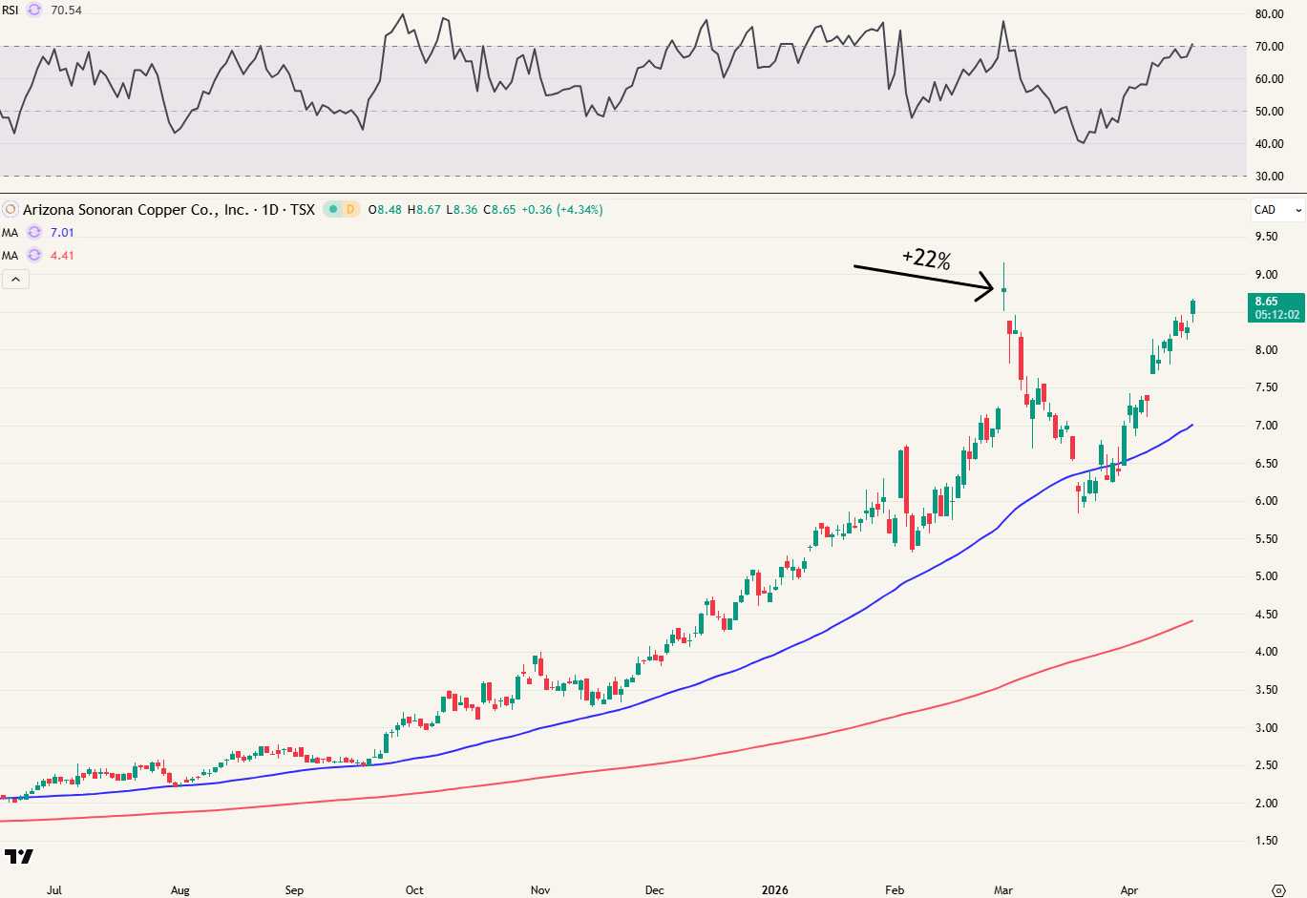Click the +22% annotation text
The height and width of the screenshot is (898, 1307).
tap(926, 259)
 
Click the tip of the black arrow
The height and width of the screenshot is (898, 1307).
tap(995, 286)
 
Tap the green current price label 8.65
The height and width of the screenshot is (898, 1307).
tap(1266, 302)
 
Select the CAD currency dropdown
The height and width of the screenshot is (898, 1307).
tap(1277, 210)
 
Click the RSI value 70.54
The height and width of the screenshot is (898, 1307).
tap(66, 10)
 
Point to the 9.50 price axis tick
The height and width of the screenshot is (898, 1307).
tap(1265, 237)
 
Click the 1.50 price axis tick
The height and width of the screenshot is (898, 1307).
tap(1265, 841)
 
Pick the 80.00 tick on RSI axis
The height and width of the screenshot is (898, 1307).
tap(1269, 14)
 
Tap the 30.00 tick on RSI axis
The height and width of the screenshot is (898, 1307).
tap(1269, 177)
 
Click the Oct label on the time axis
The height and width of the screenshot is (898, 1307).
tap(414, 890)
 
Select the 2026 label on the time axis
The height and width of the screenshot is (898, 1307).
tap(774, 890)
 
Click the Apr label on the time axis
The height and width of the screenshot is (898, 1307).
tap(1129, 890)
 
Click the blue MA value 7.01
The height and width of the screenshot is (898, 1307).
tap(62, 233)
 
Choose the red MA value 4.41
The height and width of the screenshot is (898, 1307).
tap(62, 256)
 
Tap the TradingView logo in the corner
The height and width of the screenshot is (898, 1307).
tap(19, 856)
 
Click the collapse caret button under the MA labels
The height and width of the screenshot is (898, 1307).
tap(16, 280)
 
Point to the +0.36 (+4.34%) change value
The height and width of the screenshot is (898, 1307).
tap(561, 210)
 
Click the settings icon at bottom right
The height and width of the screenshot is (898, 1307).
tap(1279, 890)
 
